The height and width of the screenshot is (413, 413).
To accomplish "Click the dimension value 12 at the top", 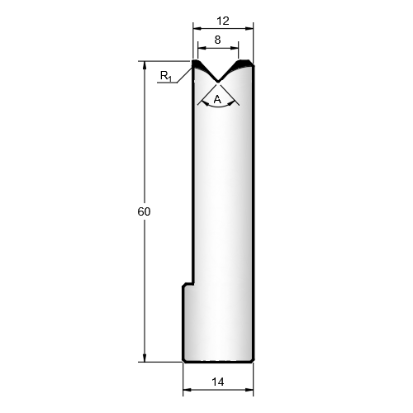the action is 223,21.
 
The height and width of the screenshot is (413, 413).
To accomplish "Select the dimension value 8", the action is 217,40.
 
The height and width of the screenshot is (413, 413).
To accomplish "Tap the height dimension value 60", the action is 144,211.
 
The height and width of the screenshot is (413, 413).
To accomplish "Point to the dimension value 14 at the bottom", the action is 218,382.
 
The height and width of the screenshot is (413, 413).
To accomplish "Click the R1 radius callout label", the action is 166,76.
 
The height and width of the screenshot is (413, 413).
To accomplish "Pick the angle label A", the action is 217,99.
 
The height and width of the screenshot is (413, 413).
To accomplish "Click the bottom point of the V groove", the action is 218,82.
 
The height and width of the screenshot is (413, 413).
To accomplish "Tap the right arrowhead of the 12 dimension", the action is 249,28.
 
